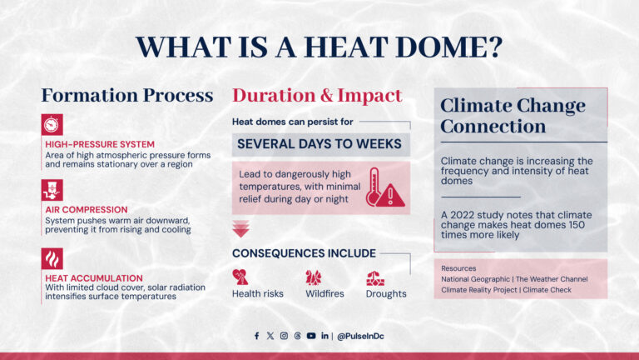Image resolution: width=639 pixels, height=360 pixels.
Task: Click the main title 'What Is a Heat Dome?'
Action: click(319, 47)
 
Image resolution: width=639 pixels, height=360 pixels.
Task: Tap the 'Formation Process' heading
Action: click(127, 96)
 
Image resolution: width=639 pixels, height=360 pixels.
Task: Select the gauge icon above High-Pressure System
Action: click(52, 124)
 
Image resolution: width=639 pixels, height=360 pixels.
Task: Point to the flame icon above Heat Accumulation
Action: click(52, 257)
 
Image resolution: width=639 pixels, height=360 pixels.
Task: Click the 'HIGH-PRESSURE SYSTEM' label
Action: click(92, 144)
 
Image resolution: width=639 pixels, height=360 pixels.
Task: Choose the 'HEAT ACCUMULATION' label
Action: click(94, 277)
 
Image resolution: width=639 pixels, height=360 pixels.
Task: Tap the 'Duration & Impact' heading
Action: click(316, 96)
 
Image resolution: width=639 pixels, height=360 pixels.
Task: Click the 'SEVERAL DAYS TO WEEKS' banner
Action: click(319, 144)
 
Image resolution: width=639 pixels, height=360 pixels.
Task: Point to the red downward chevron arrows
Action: click(242, 227)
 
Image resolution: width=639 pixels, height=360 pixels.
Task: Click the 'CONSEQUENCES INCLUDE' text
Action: click(304, 253)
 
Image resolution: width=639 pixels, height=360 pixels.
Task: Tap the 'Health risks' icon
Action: click(240, 277)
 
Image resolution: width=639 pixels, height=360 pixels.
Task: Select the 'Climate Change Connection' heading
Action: click(513, 117)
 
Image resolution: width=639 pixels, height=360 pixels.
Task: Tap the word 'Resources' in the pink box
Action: click(461, 267)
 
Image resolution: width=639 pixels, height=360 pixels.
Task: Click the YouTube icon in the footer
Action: click(311, 336)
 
